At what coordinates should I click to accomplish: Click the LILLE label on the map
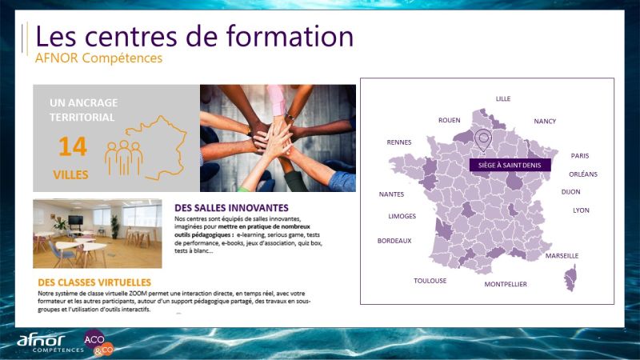click(x=503, y=98)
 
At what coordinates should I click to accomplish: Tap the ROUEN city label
click(x=449, y=120)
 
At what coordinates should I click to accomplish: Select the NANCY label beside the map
click(x=545, y=122)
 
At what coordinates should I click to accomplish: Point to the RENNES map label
click(x=398, y=142)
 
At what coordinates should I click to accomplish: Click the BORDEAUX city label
click(x=394, y=241)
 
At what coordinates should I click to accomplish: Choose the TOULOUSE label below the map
click(x=430, y=281)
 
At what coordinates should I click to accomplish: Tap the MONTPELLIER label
click(x=506, y=284)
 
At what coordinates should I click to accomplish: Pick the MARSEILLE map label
click(x=562, y=256)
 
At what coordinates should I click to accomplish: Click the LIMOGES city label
click(x=402, y=216)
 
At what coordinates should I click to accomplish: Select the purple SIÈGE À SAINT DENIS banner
click(x=510, y=165)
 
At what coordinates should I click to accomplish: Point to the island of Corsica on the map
click(x=570, y=278)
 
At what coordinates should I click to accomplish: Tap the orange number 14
click(x=73, y=146)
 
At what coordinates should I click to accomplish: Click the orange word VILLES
click(x=70, y=174)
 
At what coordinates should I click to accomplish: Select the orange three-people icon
click(x=124, y=158)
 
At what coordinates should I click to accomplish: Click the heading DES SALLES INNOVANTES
click(x=231, y=208)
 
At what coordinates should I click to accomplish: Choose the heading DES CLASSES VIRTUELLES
click(x=94, y=282)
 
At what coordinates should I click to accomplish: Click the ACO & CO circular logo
click(x=98, y=342)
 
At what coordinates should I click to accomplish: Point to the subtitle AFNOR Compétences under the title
click(x=98, y=58)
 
